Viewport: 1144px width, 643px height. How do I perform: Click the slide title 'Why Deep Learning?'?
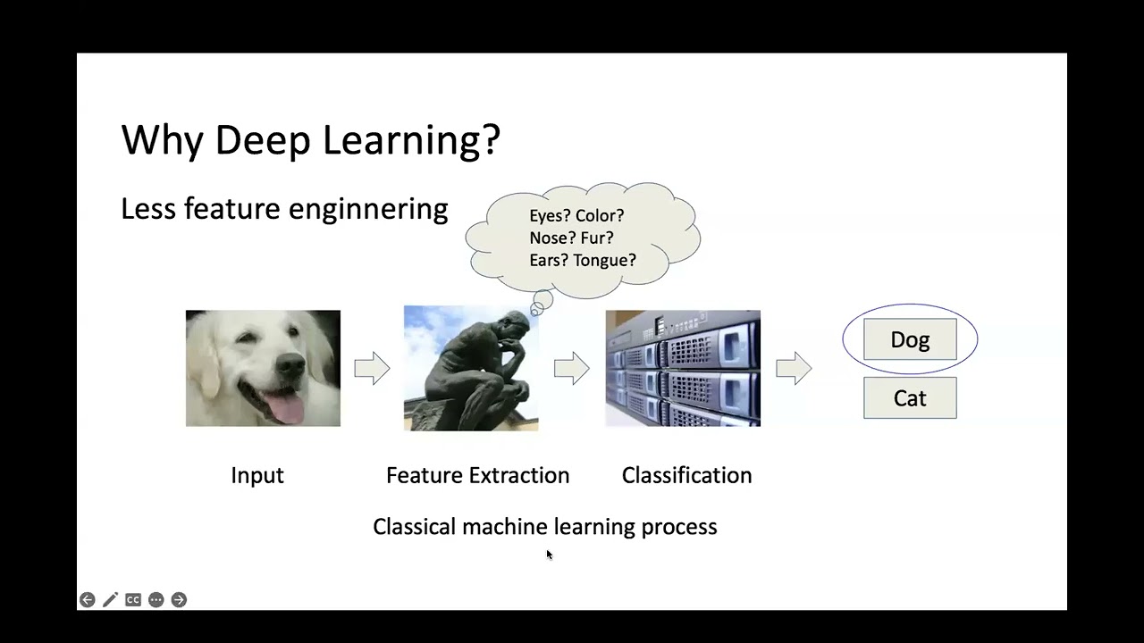310,140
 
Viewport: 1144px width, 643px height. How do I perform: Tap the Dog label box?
910,340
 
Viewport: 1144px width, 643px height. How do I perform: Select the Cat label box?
910,398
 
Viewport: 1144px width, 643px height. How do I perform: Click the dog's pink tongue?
287,409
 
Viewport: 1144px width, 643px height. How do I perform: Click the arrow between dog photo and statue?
372,368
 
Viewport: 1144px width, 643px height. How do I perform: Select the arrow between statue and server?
571,368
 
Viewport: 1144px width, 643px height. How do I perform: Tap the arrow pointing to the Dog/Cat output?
794,368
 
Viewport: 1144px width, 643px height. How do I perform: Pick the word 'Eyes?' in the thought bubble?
550,216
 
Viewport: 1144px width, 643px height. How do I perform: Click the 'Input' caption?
257,475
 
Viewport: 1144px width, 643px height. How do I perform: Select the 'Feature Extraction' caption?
477,475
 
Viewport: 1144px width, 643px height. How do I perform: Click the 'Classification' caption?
686,475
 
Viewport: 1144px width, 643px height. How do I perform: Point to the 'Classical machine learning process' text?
544,527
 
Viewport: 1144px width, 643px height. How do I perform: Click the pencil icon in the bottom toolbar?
110,600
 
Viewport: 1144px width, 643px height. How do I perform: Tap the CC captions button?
133,600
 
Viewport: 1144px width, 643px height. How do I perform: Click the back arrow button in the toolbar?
87,600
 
